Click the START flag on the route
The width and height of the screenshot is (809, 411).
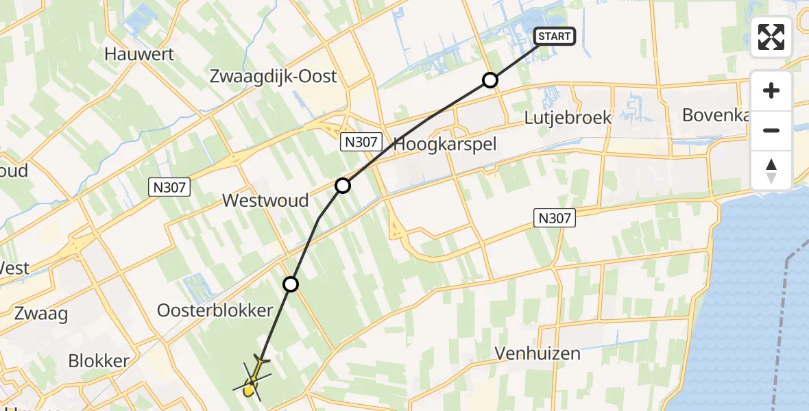(x=554, y=36)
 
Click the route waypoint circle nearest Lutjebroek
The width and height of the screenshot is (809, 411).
(x=490, y=80)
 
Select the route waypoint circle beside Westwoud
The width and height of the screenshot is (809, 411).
(x=342, y=186)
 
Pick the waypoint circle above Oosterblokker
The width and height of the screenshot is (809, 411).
(x=291, y=284)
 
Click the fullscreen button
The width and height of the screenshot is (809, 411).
(x=771, y=37)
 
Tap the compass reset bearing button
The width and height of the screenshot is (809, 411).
(x=771, y=170)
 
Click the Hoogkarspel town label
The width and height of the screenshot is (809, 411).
(x=445, y=145)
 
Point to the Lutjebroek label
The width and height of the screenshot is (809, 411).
(x=568, y=117)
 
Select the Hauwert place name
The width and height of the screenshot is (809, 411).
(x=140, y=54)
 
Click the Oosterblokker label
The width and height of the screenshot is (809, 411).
(x=215, y=310)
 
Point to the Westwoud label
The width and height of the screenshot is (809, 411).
(x=265, y=201)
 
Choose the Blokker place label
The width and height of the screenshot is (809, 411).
(x=99, y=361)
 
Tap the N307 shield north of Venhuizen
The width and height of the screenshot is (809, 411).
(x=553, y=219)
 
